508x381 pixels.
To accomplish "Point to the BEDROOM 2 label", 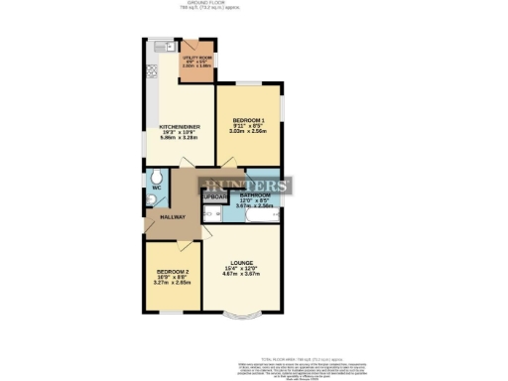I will click(x=172, y=272).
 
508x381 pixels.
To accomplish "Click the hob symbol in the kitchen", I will click(x=153, y=71).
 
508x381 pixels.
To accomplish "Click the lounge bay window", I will click(x=243, y=317).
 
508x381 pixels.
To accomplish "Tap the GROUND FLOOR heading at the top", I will click(x=253, y=3).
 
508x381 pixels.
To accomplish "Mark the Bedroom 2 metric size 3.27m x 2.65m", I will click(x=172, y=283).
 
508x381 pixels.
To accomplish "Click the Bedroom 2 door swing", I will click(x=179, y=248).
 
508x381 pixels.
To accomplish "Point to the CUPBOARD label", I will click(x=214, y=196).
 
